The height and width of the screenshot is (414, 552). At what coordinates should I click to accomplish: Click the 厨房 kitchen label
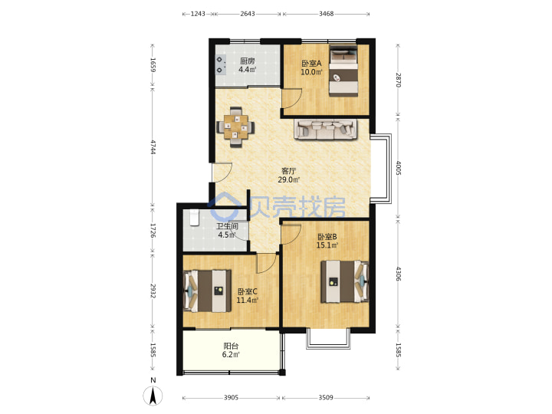247,61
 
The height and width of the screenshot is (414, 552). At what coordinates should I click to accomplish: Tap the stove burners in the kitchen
221,64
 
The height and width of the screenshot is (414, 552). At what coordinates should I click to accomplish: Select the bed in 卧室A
343,71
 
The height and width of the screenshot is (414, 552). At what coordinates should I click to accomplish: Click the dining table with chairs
235,127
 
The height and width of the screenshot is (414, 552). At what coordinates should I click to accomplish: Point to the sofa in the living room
326,130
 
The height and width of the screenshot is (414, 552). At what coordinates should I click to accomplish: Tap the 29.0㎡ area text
289,180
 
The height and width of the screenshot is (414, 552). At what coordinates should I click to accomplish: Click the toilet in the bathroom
194,218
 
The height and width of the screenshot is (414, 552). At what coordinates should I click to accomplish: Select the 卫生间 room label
227,226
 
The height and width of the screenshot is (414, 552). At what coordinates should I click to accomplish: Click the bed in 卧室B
345,281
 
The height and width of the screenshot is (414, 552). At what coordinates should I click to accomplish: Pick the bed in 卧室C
207,291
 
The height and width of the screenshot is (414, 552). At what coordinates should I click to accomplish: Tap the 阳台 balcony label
231,346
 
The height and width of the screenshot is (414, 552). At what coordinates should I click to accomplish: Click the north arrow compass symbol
153,395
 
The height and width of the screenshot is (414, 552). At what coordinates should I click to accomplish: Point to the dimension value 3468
326,14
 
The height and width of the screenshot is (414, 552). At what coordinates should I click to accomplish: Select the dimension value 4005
398,168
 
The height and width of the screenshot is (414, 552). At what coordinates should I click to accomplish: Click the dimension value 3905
231,397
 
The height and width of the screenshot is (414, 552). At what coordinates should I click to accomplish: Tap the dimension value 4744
153,147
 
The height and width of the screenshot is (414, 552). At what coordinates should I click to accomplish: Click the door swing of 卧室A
292,98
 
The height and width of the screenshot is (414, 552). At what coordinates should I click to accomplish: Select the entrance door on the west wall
222,172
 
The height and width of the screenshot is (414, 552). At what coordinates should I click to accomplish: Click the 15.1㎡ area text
327,245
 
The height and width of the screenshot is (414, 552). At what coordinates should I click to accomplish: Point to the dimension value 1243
198,14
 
